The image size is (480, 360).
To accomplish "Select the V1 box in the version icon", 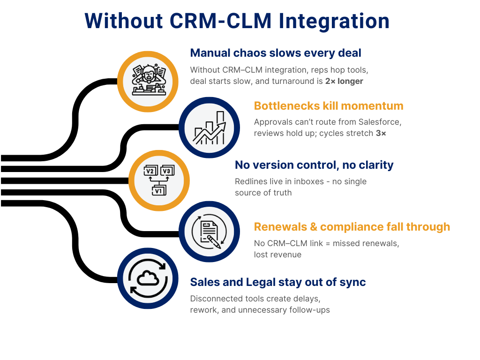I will point(158,191).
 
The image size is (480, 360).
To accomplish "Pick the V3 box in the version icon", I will point(166,171).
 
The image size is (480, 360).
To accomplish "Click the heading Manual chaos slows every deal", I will point(276,53).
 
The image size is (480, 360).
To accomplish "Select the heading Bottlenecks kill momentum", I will point(329,105).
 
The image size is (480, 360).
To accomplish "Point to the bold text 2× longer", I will point(344,81).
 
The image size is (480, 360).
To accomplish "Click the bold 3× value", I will point(381,134).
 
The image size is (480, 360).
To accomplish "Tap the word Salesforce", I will point(378,122).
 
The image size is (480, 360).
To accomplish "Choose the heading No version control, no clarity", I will point(314,165).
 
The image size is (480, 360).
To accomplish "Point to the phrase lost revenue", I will point(277,255).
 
